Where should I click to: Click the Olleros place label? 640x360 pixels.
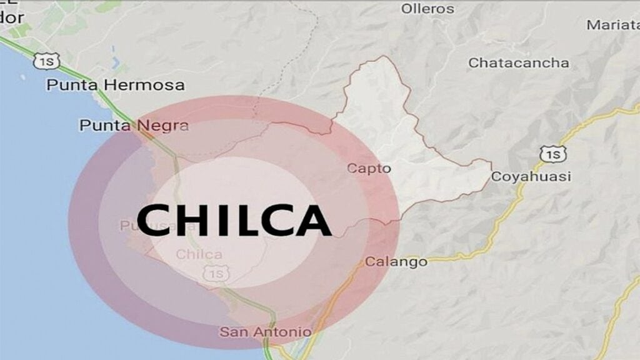(427, 9)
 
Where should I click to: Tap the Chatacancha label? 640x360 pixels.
(519, 63)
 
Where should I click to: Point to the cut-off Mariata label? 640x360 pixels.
(613, 26)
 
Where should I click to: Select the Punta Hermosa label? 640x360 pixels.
(116, 85)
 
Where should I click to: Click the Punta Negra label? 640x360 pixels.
(134, 126)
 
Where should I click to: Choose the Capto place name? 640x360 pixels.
(369, 168)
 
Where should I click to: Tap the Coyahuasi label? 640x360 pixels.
(531, 177)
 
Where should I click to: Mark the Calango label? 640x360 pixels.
(396, 262)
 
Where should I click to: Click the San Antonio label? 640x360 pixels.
(265, 332)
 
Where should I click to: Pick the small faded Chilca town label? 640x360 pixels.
(199, 254)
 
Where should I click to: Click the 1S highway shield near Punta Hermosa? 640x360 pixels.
(47, 61)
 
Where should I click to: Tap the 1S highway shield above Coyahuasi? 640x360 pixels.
(552, 154)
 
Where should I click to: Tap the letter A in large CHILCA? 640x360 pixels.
(311, 220)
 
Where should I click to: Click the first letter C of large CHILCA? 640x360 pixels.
(157, 220)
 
